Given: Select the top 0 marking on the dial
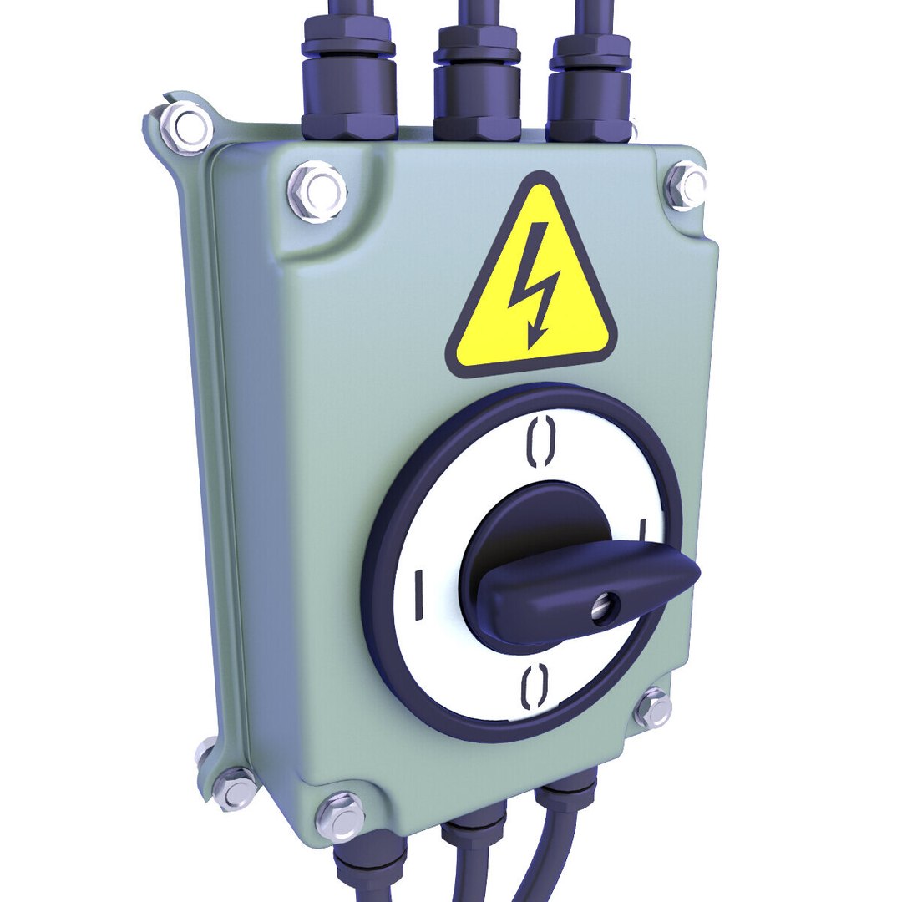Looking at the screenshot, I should tap(540, 442).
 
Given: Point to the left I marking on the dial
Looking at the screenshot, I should tap(418, 595).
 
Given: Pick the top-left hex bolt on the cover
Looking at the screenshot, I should tap(317, 191).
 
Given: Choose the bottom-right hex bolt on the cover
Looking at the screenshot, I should tap(653, 709).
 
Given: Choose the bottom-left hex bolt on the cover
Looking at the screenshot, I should tap(340, 815).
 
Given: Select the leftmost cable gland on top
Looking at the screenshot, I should tap(347, 84).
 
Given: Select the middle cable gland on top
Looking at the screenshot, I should tap(477, 88).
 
